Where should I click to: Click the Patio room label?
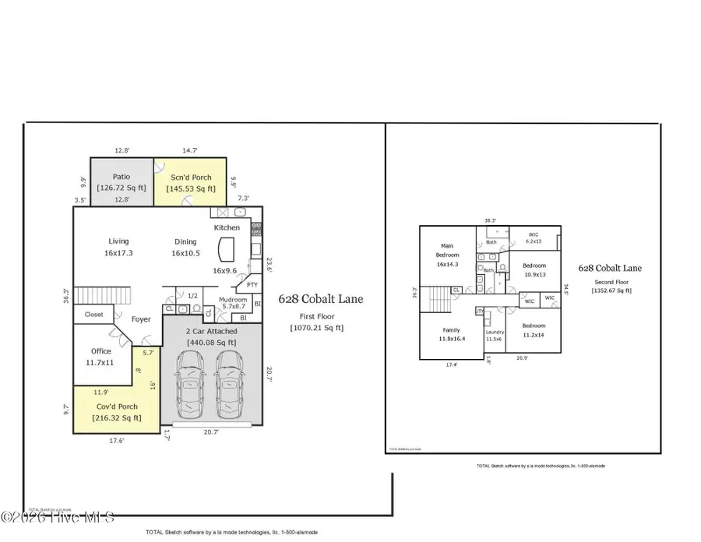[121, 177]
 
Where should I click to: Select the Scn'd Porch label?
[190, 178]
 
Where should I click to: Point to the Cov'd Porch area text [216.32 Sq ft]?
[106, 417]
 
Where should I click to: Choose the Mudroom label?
[233, 301]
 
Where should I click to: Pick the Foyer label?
[140, 319]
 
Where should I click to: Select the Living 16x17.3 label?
[119, 247]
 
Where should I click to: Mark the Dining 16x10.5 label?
[185, 247]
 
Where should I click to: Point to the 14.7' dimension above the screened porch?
[190, 150]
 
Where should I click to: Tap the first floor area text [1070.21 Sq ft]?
[316, 328]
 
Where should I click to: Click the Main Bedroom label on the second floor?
[448, 255]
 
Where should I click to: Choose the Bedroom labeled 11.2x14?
[533, 329]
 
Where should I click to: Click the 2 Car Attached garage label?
[212, 337]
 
